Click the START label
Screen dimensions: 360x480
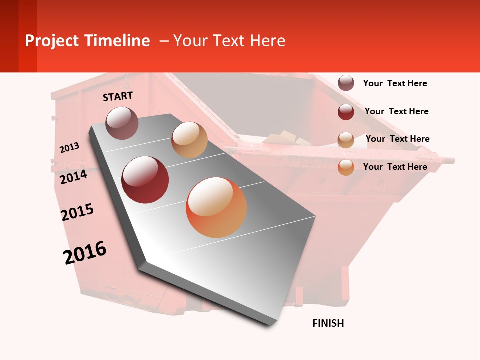(x=118, y=96)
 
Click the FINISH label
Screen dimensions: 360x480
(x=328, y=323)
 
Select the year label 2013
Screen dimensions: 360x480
(x=70, y=148)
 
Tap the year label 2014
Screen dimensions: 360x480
(x=74, y=177)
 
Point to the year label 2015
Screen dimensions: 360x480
(x=77, y=212)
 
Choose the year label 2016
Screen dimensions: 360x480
(x=85, y=252)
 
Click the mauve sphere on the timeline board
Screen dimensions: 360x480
(x=122, y=123)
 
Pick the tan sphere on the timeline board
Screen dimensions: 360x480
(x=189, y=140)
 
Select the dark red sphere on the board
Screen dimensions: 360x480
(x=145, y=179)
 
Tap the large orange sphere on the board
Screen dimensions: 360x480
(x=216, y=207)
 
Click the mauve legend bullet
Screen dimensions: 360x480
(x=346, y=83)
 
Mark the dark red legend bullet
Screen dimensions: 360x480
(x=346, y=112)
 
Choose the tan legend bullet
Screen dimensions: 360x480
(x=346, y=140)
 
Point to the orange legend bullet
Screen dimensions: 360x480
(x=346, y=167)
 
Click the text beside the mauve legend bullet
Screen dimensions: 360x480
(x=395, y=83)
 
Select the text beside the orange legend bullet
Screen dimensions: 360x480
(x=395, y=167)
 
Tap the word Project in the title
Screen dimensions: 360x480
(x=52, y=41)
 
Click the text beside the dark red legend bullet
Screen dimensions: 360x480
(x=396, y=111)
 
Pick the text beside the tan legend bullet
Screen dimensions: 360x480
(x=397, y=139)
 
